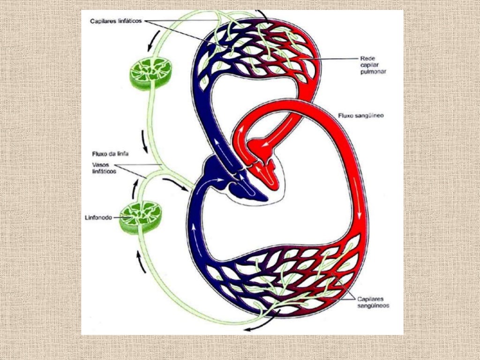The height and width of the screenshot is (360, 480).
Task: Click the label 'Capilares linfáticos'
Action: [116, 21]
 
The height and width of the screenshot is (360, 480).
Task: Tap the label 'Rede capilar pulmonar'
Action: [373, 65]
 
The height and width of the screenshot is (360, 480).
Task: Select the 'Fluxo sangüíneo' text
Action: [361, 116]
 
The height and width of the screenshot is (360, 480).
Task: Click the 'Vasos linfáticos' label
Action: [104, 168]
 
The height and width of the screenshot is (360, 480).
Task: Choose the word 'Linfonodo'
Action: [98, 218]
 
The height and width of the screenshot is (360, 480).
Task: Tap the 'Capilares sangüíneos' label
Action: [373, 302]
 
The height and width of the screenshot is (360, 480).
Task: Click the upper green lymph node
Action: [150, 73]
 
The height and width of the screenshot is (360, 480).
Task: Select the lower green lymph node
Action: [141, 217]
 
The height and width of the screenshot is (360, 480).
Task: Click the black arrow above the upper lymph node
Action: [154, 41]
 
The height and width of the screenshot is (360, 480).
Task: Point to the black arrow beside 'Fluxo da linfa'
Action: [144, 142]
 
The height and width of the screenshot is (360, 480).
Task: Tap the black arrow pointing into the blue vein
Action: [175, 184]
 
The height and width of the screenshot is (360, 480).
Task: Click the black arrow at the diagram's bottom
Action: [263, 321]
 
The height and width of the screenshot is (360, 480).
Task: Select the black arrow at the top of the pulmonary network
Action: [263, 16]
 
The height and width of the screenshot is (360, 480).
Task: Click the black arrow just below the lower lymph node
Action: [141, 262]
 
